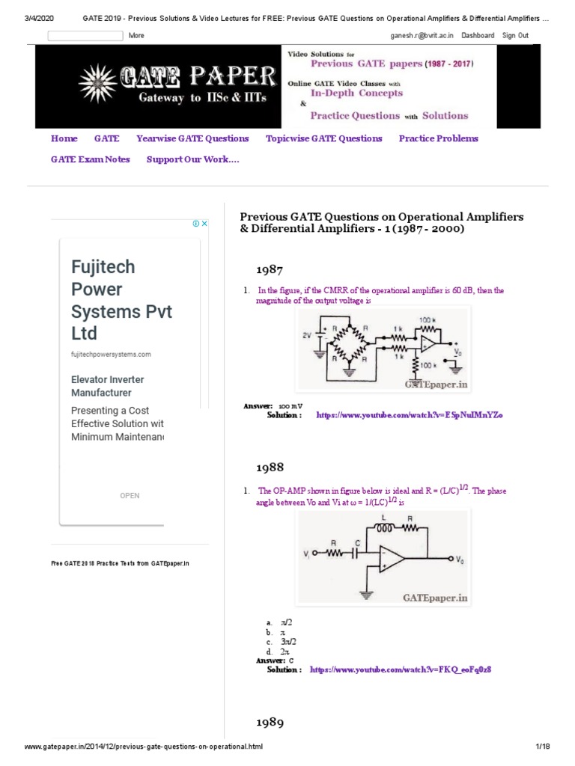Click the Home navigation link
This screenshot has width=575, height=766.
pyautogui.click(x=64, y=138)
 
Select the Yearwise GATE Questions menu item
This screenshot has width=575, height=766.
pyautogui.click(x=192, y=138)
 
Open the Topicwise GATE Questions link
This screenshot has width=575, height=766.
pyautogui.click(x=323, y=138)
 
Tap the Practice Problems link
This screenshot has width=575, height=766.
pyautogui.click(x=438, y=138)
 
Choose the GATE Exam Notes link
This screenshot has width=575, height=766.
pyautogui.click(x=90, y=159)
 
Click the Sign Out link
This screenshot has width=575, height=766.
pyautogui.click(x=515, y=36)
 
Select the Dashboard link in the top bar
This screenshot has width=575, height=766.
pyautogui.click(x=478, y=36)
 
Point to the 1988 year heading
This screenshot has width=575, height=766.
pyautogui.click(x=270, y=467)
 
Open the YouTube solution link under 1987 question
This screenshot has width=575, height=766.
pyautogui.click(x=409, y=414)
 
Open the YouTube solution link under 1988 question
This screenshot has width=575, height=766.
pyautogui.click(x=400, y=670)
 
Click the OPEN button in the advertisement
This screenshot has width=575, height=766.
pyautogui.click(x=130, y=495)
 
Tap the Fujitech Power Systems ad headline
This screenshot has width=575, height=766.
pyautogui.click(x=121, y=300)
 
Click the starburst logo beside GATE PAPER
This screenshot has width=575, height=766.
pyautogui.click(x=100, y=79)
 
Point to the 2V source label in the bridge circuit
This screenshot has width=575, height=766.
pyautogui.click(x=306, y=336)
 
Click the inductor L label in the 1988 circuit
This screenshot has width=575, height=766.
pyautogui.click(x=384, y=517)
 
